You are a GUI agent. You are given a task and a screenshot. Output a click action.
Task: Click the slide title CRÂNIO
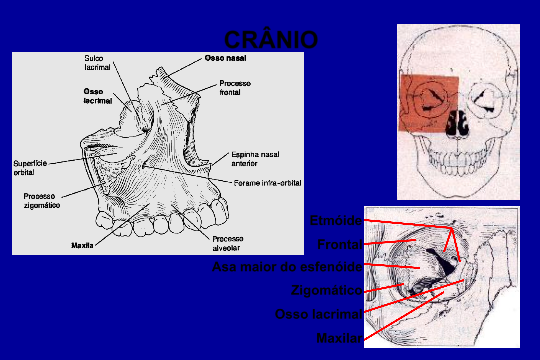[271, 40]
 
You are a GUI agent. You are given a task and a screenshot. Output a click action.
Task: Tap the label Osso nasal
[225, 58]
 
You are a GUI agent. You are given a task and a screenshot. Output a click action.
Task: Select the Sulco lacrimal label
[97, 63]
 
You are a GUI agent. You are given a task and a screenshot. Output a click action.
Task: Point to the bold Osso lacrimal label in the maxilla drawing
[98, 96]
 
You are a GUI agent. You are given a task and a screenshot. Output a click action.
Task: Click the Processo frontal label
[235, 88]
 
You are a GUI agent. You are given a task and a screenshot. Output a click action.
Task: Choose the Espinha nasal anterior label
[255, 159]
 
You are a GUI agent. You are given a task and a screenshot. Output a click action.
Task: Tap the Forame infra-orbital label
[267, 183]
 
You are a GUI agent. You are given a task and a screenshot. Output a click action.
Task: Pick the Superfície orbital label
[30, 168]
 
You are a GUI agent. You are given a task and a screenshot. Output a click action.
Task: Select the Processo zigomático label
[42, 201]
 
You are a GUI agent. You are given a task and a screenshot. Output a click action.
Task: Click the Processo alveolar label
[228, 243]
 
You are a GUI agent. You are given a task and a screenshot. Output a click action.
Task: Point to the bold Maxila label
[82, 245]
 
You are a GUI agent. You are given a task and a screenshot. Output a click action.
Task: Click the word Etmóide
[335, 220]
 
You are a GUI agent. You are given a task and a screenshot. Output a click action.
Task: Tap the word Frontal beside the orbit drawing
[339, 244]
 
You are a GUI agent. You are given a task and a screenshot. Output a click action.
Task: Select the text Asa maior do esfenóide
[287, 267]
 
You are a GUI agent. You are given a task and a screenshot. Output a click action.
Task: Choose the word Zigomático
[326, 290]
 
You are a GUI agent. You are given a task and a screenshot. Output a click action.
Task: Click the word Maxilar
[339, 338]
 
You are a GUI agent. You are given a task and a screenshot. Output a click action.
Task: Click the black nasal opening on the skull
[458, 124]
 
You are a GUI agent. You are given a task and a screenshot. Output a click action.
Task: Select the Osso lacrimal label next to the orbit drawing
[318, 314]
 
